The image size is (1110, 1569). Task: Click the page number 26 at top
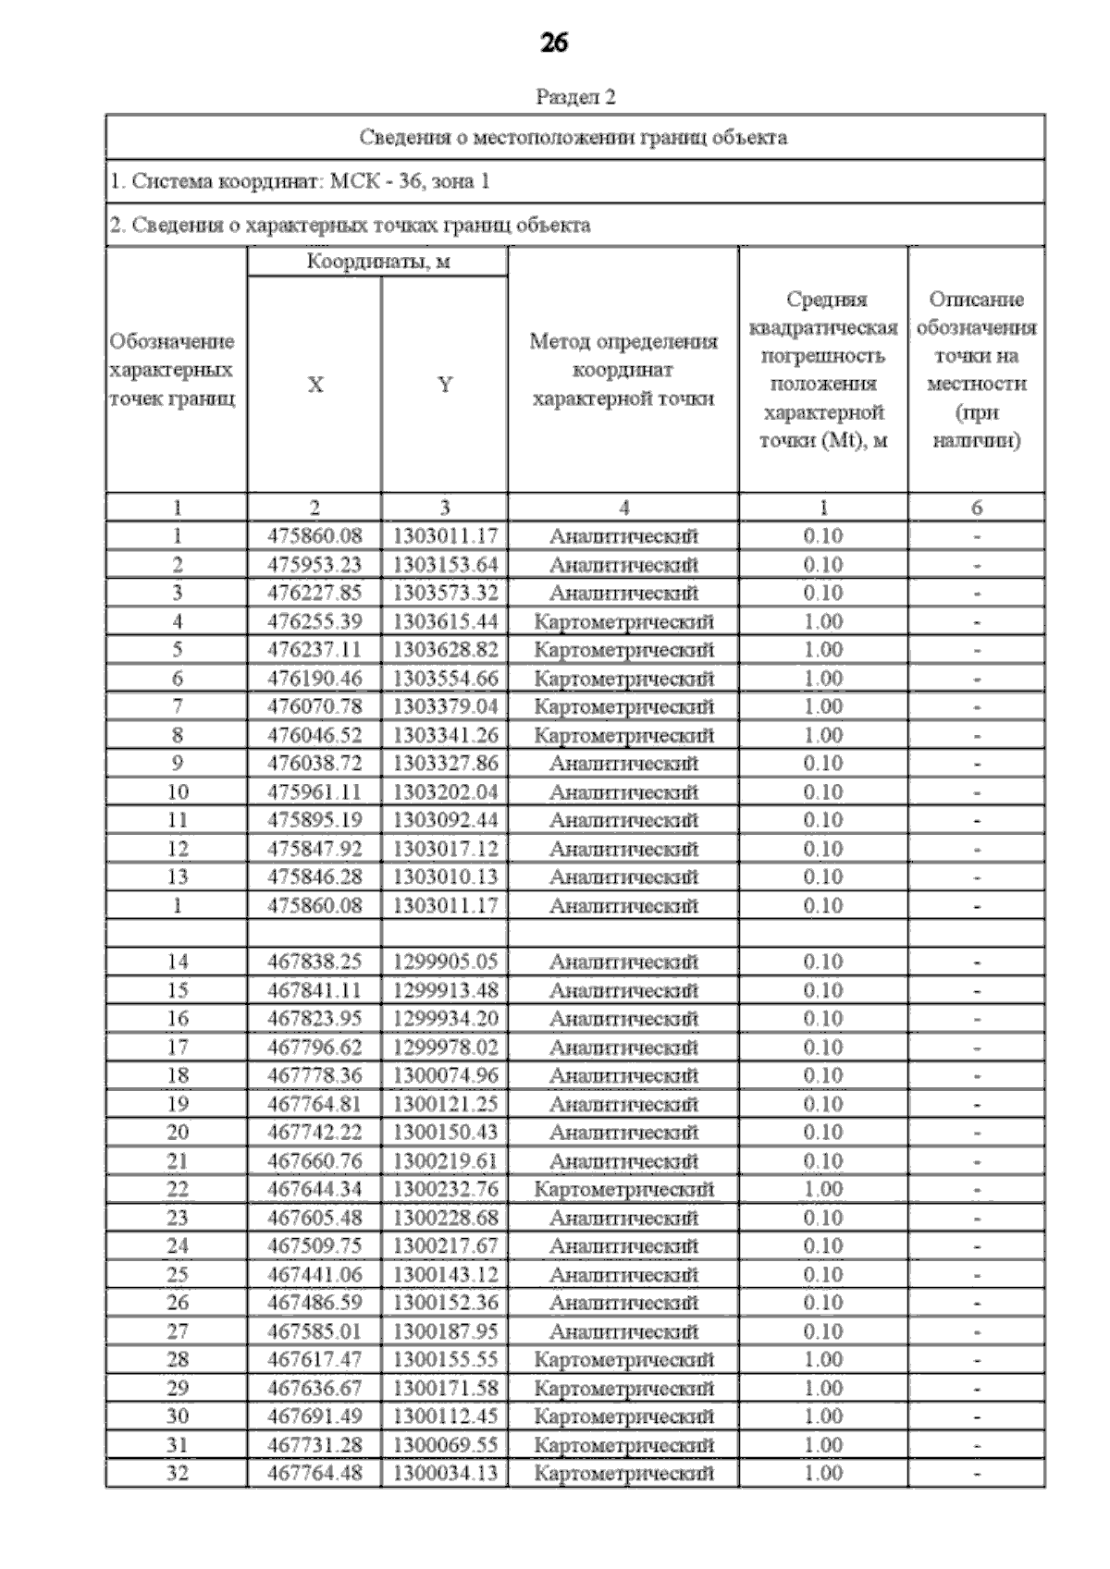(x=554, y=43)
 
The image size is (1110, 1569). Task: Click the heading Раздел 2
(x=575, y=96)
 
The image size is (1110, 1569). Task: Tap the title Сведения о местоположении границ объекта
(x=573, y=138)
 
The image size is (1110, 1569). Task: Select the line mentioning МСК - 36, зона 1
(x=300, y=181)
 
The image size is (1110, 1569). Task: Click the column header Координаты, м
(x=377, y=262)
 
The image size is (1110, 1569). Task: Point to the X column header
(x=315, y=385)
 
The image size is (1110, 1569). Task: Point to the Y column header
(x=445, y=385)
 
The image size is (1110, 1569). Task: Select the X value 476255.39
(x=314, y=621)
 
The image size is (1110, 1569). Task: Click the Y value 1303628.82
(x=445, y=650)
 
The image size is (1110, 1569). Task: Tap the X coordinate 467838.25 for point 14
(x=314, y=962)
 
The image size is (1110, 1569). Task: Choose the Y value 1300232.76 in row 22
(x=445, y=1189)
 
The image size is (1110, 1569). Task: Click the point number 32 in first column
(x=177, y=1473)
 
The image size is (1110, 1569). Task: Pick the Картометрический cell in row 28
(x=623, y=1360)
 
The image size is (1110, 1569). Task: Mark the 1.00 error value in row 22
(x=822, y=1189)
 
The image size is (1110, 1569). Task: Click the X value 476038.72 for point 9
(x=314, y=764)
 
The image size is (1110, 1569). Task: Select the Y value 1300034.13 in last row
(x=445, y=1473)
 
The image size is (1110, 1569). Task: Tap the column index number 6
(x=976, y=508)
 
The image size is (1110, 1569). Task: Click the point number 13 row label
(x=177, y=876)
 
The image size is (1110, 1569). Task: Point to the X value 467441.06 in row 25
(x=314, y=1275)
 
